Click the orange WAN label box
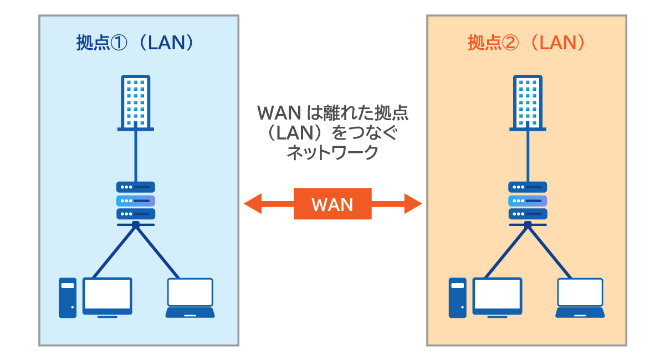click(x=332, y=204)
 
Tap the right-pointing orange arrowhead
click(x=413, y=204)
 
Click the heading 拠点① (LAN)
click(x=136, y=43)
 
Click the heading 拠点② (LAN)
click(x=526, y=43)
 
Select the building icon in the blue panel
click(x=136, y=102)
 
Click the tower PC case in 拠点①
click(x=67, y=297)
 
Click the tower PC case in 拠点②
click(x=457, y=297)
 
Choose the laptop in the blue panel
click(x=190, y=297)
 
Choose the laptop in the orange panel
click(x=580, y=297)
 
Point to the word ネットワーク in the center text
click(x=332, y=152)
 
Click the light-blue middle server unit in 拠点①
click(x=136, y=200)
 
